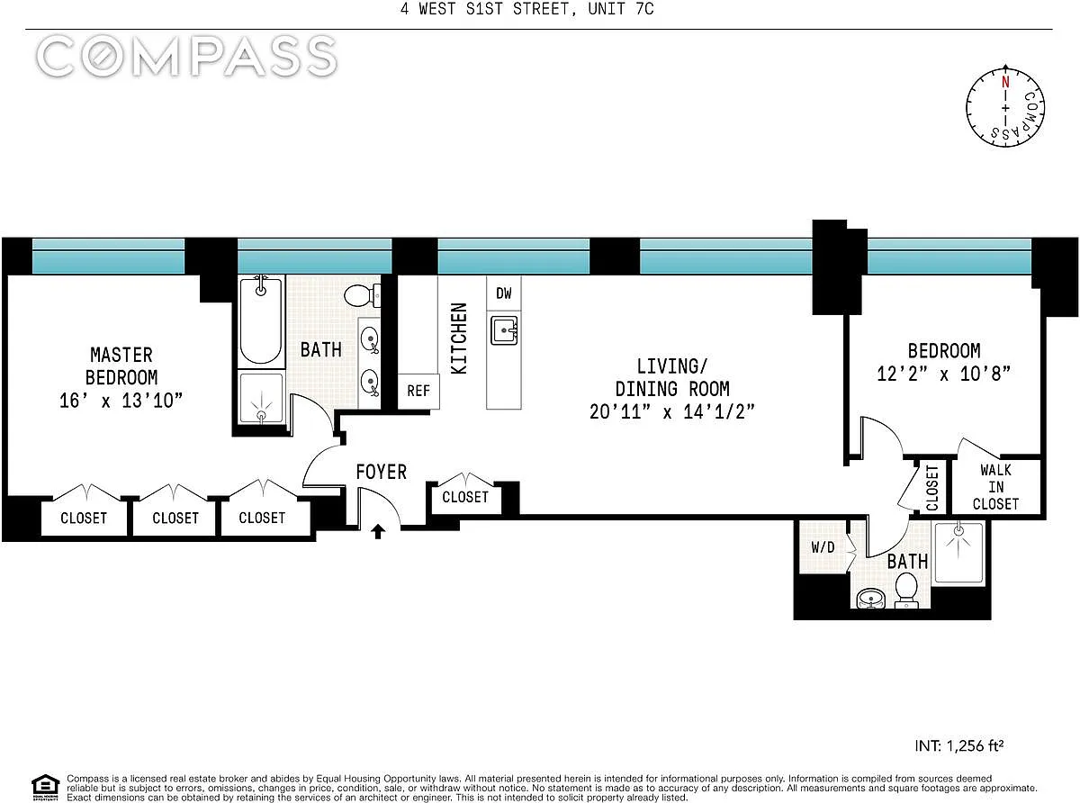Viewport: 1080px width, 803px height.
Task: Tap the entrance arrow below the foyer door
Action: (378, 531)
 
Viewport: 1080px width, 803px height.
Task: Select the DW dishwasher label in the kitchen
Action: (503, 293)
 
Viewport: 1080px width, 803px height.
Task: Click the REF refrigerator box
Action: (418, 392)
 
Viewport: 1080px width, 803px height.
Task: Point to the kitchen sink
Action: (504, 330)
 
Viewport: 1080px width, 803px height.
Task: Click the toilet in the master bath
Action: (362, 295)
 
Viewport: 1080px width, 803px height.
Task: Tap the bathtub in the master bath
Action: (261, 320)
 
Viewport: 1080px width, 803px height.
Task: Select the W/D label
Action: (823, 547)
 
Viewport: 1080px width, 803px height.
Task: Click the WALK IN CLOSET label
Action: (995, 487)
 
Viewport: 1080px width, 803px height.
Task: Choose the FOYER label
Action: (382, 472)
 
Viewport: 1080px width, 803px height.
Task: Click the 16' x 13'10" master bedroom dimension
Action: (121, 401)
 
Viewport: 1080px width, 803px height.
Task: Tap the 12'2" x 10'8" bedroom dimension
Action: (944, 374)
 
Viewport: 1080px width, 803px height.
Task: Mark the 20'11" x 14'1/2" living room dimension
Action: (672, 412)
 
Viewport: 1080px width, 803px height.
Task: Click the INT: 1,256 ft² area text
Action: (959, 745)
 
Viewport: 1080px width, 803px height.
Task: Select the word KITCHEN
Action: (459, 338)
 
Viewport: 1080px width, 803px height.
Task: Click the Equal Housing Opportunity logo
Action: (45, 788)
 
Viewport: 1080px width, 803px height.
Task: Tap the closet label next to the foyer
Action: (465, 497)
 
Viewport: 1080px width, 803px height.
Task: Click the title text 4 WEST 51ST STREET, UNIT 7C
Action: (526, 9)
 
